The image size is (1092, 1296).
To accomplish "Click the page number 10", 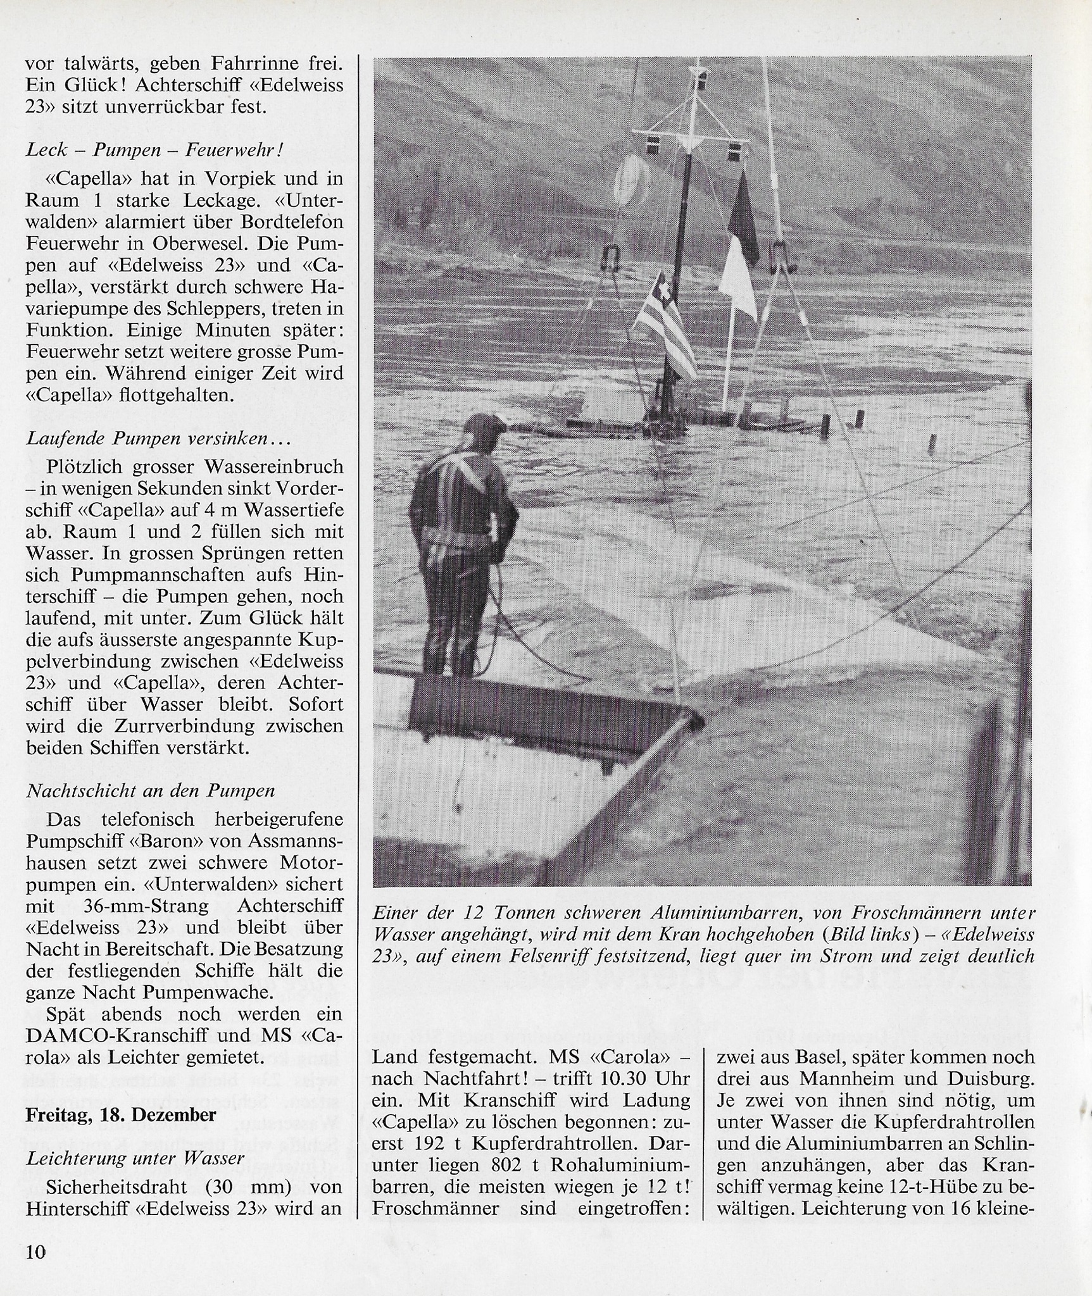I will pyautogui.click(x=36, y=1252).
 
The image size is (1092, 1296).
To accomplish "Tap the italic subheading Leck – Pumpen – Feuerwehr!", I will pyautogui.click(x=154, y=150).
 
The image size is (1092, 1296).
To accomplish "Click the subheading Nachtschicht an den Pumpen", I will pyautogui.click(x=151, y=790).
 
